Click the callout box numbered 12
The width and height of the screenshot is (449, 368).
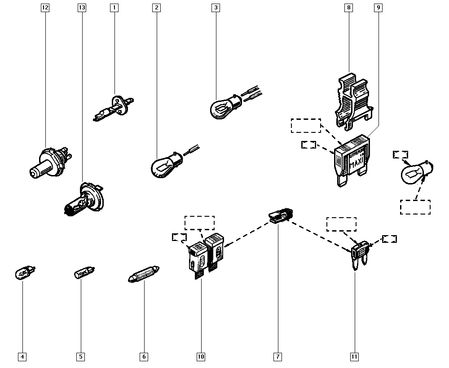[45, 8]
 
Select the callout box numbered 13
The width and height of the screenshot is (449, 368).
[81, 8]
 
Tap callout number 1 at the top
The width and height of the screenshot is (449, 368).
[114, 8]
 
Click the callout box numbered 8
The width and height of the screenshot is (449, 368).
[349, 8]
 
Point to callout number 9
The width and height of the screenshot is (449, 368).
[379, 8]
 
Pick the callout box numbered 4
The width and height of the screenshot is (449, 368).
[22, 357]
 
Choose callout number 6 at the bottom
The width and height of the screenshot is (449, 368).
[144, 357]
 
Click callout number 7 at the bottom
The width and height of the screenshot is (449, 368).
[277, 357]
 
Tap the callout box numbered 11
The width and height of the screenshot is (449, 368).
[354, 357]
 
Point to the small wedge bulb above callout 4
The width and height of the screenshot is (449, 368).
[25, 272]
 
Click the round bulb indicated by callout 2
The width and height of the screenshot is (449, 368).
[164, 162]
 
